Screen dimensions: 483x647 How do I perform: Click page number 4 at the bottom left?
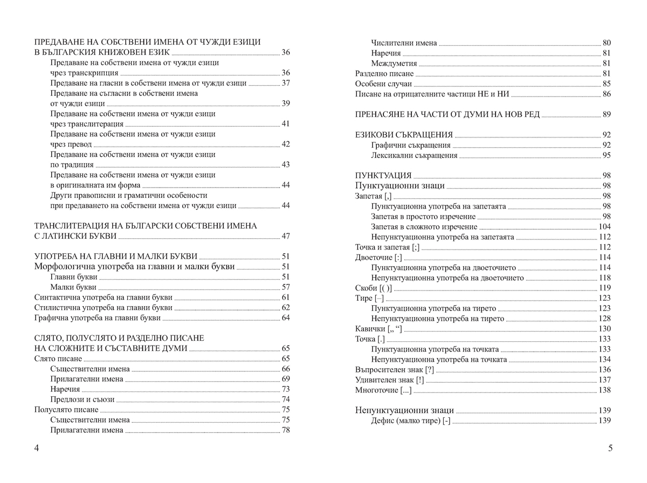36,448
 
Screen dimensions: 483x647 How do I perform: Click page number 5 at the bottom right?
610,448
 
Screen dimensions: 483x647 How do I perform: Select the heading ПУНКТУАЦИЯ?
383,176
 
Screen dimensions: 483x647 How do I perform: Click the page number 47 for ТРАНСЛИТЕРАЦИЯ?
285,236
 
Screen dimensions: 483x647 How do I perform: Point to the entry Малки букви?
74,287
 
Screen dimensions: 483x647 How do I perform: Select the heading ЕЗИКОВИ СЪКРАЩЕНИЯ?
404,135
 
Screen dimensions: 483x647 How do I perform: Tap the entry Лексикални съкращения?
414,155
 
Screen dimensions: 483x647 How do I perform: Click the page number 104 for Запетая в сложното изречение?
604,226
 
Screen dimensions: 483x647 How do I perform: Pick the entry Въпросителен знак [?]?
395,370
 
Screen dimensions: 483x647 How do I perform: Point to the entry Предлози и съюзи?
82,399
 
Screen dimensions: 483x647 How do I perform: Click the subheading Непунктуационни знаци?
404,410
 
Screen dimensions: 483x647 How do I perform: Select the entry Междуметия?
394,63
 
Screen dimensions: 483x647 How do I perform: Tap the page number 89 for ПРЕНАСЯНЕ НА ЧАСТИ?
606,114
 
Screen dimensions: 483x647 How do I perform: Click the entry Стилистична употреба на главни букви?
103,308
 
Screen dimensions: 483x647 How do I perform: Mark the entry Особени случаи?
383,84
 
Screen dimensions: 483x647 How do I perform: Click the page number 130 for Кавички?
604,329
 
